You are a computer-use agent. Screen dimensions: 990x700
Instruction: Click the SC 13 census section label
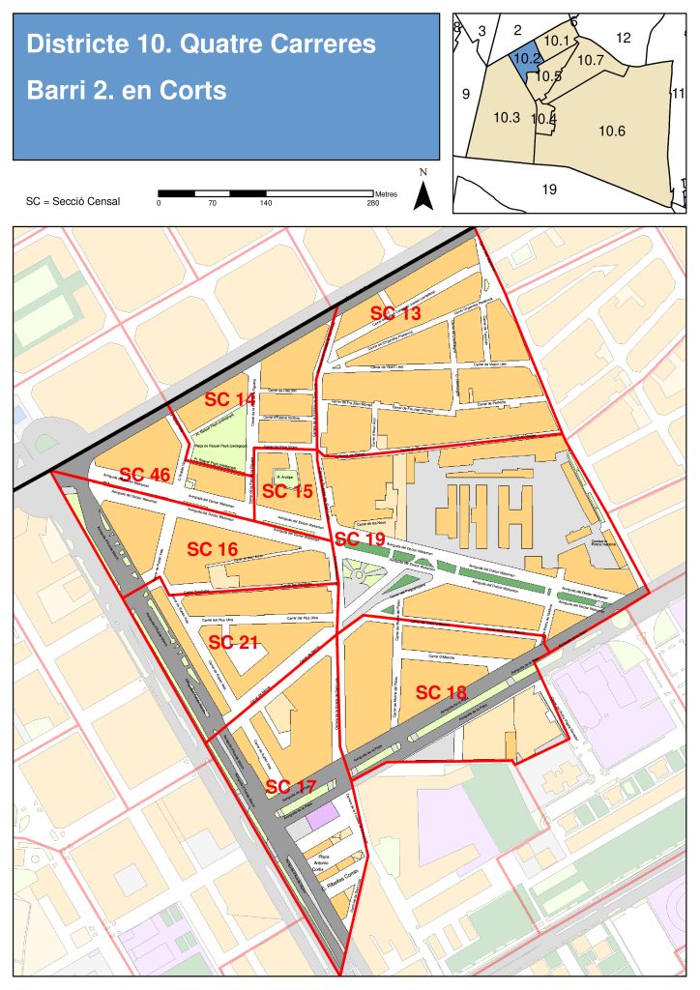(x=396, y=313)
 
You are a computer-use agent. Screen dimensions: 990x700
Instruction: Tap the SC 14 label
(x=229, y=399)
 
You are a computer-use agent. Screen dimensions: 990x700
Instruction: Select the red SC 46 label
(x=145, y=475)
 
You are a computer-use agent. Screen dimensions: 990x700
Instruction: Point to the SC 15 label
(x=288, y=491)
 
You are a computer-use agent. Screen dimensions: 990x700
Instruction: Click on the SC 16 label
(x=213, y=549)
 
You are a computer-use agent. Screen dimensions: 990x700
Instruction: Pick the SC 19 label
(x=360, y=539)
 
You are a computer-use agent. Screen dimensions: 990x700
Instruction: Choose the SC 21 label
(x=234, y=642)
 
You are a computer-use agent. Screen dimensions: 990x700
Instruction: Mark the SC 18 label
(x=442, y=692)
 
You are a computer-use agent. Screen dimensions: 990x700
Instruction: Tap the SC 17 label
(x=291, y=786)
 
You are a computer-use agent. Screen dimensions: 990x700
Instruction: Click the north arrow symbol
(x=423, y=194)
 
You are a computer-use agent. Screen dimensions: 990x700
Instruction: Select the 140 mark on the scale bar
(x=265, y=203)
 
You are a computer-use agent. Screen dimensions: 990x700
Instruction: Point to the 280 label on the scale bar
(x=373, y=203)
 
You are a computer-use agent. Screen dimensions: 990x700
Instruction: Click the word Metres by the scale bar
(x=386, y=194)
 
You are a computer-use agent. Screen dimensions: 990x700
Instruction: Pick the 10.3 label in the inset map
(x=507, y=117)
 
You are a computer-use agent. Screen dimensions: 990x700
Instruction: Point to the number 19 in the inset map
(x=548, y=189)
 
